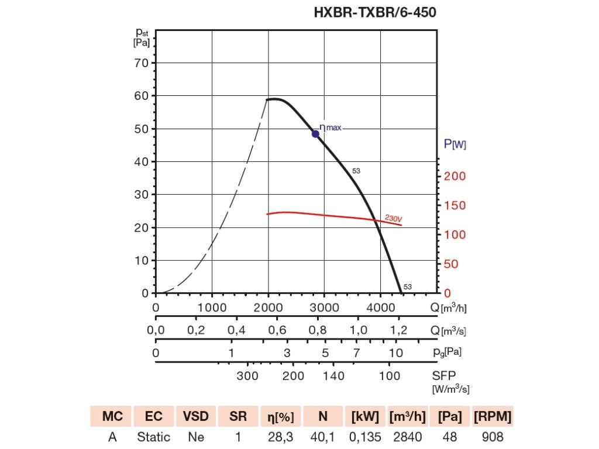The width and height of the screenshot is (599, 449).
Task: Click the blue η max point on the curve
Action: [x=315, y=134]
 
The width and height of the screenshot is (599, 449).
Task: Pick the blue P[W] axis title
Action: [x=455, y=144]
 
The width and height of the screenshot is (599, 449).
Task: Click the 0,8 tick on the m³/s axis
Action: [x=317, y=330]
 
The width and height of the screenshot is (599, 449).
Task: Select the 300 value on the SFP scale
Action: [x=247, y=375]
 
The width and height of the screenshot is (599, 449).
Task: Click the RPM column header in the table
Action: [x=493, y=416]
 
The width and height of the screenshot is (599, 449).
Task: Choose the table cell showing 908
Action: [x=493, y=437]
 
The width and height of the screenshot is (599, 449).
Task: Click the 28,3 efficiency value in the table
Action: [x=281, y=437]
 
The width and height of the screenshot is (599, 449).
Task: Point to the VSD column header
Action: [x=195, y=416]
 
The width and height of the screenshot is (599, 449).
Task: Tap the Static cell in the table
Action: [x=154, y=437]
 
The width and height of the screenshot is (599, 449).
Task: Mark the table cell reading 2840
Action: [x=407, y=437]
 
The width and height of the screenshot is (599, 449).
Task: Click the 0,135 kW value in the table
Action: [x=365, y=437]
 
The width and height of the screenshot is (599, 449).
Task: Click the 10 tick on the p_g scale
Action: [x=396, y=353]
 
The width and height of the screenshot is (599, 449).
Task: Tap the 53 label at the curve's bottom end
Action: [x=408, y=286]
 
